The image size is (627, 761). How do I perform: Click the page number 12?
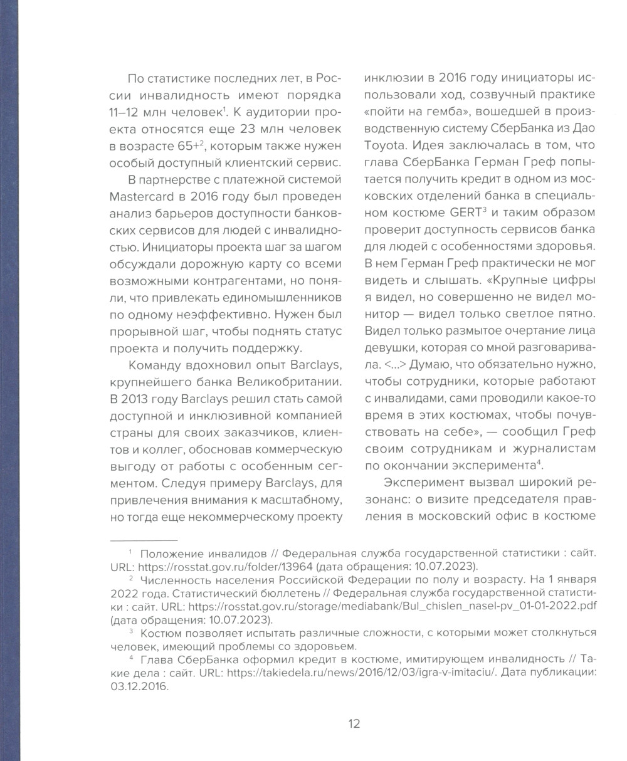click(x=354, y=724)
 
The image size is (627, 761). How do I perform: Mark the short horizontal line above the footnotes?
click(x=144, y=539)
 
